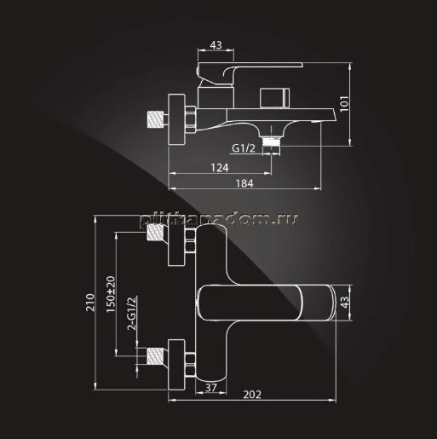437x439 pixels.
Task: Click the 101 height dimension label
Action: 344,104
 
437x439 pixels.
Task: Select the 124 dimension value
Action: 220,168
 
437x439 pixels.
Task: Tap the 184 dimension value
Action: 244,183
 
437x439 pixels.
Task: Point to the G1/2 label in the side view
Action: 244,148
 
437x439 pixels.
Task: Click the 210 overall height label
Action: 90,303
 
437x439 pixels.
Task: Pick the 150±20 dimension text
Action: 111,294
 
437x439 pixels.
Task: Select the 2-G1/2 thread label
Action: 132,314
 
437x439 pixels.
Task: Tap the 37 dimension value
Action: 211,387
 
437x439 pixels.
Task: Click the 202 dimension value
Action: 252,395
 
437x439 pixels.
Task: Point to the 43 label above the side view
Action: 216,45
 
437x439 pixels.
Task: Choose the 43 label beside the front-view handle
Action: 344,303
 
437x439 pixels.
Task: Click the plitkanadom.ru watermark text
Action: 219,219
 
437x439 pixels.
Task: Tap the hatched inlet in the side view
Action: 156,119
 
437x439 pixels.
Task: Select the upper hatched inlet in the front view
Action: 156,233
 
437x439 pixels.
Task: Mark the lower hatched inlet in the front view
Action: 156,355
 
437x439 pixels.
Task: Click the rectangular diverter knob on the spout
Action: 275,98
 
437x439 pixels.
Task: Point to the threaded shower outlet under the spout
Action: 272,142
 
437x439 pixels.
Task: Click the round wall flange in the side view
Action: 176,119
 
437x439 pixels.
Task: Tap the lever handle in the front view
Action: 266,303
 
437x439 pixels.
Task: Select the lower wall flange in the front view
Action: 176,365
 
